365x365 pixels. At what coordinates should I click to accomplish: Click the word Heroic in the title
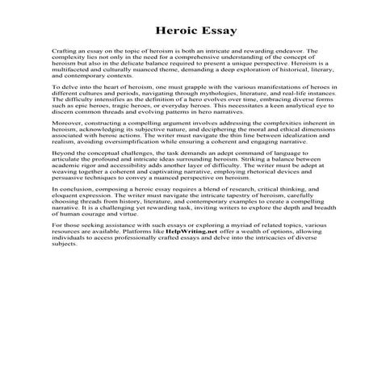(158, 31)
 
